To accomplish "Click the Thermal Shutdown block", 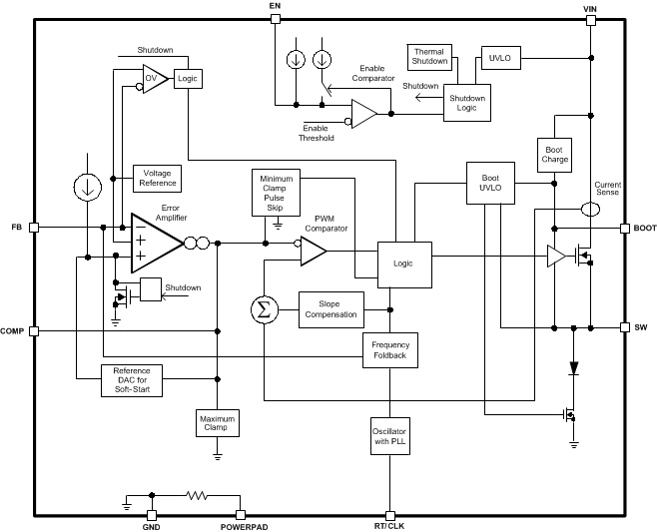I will (x=430, y=57).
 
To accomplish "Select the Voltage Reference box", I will (x=158, y=178).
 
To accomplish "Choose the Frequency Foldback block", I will (x=389, y=350).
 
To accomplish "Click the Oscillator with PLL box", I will (x=389, y=436).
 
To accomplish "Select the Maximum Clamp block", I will (x=217, y=423).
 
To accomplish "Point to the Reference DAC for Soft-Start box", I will (x=132, y=379).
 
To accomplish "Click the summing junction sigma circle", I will (x=264, y=309).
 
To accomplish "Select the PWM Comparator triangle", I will (x=312, y=252).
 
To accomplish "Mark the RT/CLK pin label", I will (x=390, y=525).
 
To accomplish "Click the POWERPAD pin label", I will (x=244, y=525).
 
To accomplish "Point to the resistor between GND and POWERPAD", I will (x=198, y=494).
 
